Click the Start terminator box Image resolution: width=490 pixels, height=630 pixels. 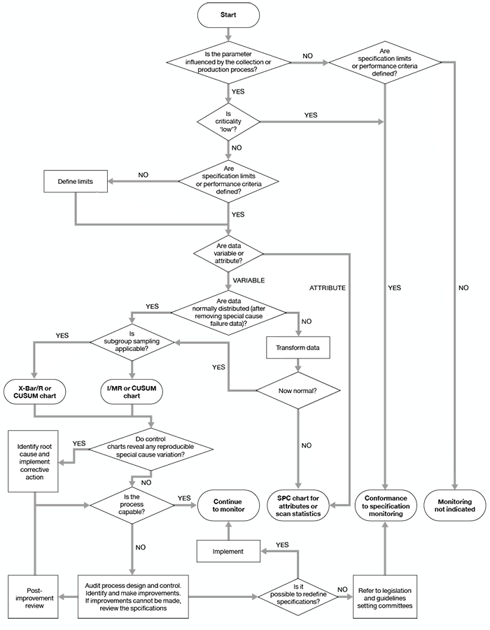click(229, 15)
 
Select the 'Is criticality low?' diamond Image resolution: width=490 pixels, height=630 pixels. click(229, 123)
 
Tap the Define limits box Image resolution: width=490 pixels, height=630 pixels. click(75, 183)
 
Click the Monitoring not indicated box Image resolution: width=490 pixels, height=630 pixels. click(456, 506)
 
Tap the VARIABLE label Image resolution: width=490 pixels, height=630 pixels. click(248, 280)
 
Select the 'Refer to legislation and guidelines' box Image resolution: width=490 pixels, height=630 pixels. click(385, 596)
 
